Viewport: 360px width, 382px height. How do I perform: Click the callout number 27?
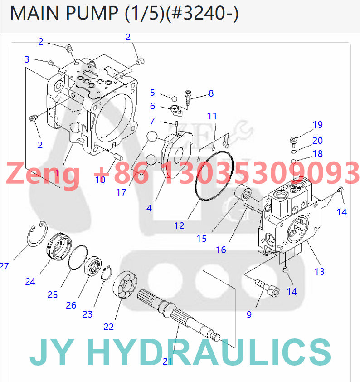click(4, 266)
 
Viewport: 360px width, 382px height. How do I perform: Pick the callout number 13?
click(320, 271)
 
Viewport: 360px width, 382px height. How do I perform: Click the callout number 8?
click(211, 93)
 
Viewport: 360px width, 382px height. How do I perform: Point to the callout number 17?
click(121, 192)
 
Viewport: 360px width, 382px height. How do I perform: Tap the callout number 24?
click(30, 281)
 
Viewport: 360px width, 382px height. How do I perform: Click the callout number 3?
click(27, 59)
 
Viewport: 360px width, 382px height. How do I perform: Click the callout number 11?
click(213, 116)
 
